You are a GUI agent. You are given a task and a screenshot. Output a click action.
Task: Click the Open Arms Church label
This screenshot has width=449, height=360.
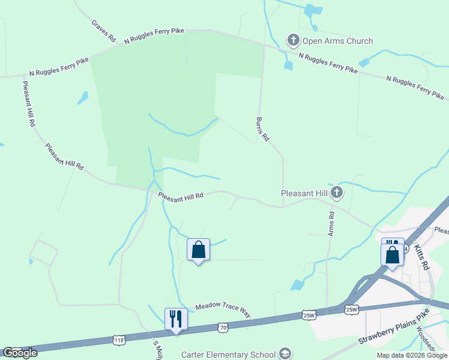337,41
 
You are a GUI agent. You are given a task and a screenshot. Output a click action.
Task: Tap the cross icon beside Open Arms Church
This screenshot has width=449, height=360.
294,41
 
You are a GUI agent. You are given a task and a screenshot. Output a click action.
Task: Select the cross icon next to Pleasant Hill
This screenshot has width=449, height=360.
337,193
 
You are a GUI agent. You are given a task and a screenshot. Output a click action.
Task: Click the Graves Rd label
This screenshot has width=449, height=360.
104,31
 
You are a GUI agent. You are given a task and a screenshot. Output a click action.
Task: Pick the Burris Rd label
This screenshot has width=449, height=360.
262,129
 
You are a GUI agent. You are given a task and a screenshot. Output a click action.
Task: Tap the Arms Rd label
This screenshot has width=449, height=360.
331,223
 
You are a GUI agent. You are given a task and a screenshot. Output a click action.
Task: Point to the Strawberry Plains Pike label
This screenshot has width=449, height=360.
394,327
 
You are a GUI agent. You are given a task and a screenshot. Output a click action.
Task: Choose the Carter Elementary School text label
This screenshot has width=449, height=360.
229,353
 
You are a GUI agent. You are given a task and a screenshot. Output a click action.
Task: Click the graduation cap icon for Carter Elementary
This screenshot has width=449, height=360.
285,353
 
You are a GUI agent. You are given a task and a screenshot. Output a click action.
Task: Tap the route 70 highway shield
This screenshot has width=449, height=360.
223,328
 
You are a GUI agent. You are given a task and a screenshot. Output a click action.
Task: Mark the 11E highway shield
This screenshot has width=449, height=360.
119,340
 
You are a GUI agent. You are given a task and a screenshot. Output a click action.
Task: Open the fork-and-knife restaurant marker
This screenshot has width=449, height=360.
176,319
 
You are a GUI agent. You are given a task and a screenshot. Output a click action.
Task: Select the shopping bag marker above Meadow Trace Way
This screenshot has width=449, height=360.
199,250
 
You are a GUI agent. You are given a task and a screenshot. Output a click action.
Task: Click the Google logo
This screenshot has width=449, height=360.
20,353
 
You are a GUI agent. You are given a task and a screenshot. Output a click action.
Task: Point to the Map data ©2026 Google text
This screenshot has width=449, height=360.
412,355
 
